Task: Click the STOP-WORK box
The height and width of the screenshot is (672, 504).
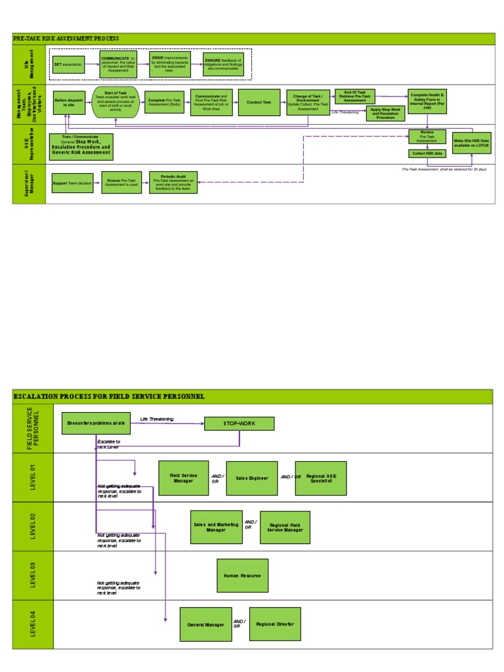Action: tap(239, 424)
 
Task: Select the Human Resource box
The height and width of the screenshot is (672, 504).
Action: tap(242, 576)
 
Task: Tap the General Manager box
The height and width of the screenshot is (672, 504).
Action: tap(205, 625)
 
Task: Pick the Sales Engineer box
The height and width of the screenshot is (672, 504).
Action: tap(252, 478)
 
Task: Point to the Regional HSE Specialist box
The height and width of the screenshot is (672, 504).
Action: tap(321, 478)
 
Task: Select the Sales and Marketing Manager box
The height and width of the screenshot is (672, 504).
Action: tap(217, 527)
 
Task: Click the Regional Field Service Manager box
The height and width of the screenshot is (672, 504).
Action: tap(285, 527)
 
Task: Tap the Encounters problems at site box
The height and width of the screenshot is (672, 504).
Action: tap(96, 423)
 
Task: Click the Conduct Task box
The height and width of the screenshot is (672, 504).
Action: tap(259, 102)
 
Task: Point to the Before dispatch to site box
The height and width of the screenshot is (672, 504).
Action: tap(69, 102)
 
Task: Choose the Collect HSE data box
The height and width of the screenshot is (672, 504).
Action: tap(427, 154)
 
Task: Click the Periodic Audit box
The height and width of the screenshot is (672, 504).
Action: tap(173, 182)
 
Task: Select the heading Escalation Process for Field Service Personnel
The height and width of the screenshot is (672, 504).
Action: tap(109, 396)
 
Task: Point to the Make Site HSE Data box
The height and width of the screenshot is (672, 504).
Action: tap(471, 142)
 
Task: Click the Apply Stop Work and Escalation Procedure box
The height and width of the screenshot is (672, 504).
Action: tap(385, 113)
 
